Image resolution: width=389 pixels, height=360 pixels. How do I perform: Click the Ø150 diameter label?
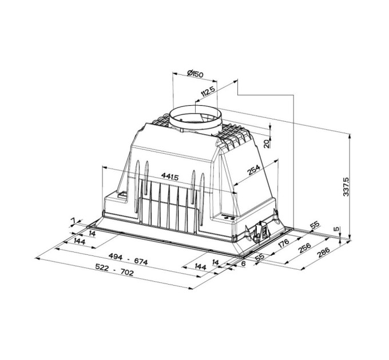[x=196, y=74]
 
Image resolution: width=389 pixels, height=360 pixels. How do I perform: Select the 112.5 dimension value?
[x=208, y=93]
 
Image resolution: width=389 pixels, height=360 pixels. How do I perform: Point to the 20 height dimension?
[x=267, y=143]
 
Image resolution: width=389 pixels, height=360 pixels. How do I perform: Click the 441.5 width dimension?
[x=170, y=177]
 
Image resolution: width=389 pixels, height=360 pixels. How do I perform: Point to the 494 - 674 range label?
[x=130, y=262]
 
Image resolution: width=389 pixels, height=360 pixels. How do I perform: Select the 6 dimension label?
[x=243, y=265]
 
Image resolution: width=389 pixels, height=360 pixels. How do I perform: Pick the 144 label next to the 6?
[x=200, y=267]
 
